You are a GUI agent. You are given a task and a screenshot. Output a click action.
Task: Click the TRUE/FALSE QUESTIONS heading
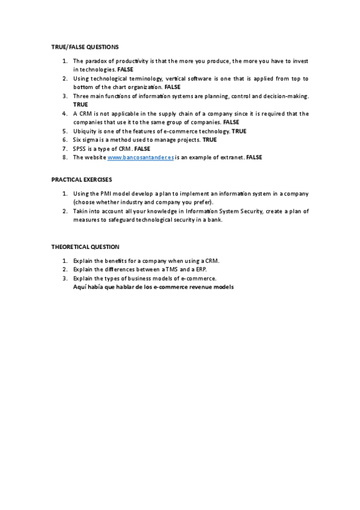click(85, 47)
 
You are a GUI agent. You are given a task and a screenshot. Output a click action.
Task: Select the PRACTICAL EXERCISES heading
click(82, 179)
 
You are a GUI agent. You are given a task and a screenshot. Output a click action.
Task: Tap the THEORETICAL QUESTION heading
click(85, 247)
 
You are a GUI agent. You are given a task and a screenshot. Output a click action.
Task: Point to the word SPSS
click(80, 149)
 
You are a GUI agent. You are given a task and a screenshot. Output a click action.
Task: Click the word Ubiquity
click(85, 131)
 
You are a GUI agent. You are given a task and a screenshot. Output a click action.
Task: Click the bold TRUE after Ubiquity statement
click(239, 131)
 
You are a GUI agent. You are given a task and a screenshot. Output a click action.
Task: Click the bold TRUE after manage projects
click(210, 140)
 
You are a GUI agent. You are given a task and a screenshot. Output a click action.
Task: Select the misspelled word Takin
click(81, 212)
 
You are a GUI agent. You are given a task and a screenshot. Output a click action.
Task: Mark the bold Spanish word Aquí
click(79, 287)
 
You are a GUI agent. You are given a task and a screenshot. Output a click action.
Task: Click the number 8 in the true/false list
click(64, 157)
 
